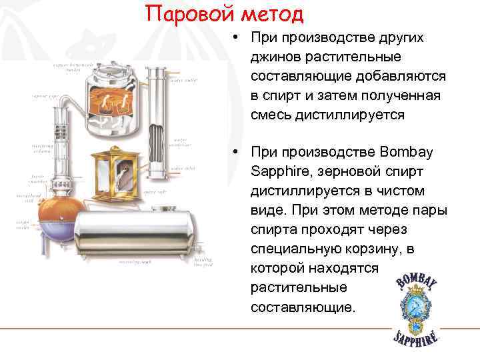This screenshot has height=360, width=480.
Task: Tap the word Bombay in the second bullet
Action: pos(406,152)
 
